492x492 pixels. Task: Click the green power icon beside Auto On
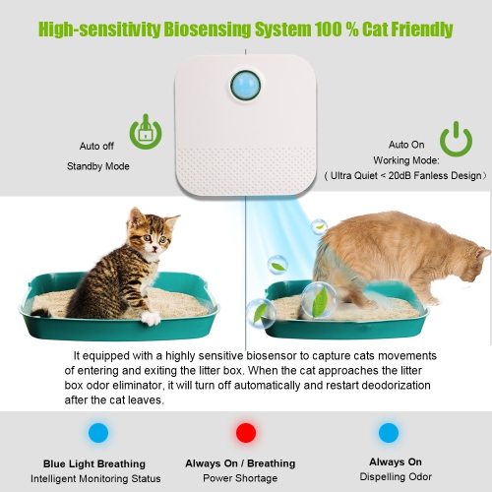tap(456, 139)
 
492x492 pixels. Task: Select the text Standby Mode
tap(98, 165)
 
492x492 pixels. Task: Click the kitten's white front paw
tap(150, 318)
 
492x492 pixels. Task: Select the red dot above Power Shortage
tap(246, 432)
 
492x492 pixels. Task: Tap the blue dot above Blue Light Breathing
tap(96, 432)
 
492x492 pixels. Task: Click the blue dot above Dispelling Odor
tap(389, 432)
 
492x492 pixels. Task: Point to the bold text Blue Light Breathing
tap(94, 463)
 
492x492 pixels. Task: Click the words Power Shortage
tap(240, 479)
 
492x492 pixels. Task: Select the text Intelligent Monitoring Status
tap(95, 479)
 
